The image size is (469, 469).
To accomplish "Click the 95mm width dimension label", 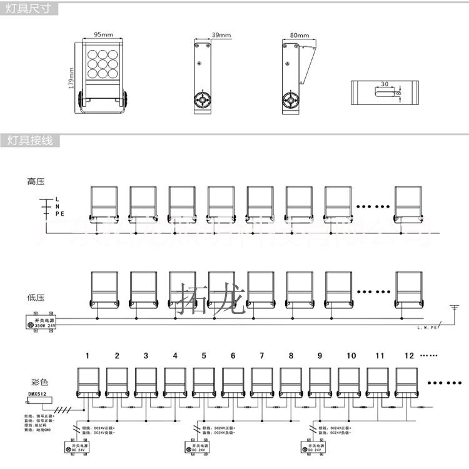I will click(x=104, y=34).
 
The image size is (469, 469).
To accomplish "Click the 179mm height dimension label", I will click(x=72, y=78).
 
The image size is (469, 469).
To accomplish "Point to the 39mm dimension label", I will click(x=204, y=35).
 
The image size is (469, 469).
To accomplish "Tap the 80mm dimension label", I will click(x=300, y=35).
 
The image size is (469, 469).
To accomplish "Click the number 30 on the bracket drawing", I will click(x=385, y=83).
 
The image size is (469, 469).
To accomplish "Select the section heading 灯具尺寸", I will click(x=29, y=9).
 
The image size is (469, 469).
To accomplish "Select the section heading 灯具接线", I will click(x=29, y=140).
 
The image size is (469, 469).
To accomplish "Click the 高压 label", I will click(x=35, y=182).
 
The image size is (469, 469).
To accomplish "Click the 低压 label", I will click(x=35, y=298).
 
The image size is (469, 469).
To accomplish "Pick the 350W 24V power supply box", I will click(x=39, y=323).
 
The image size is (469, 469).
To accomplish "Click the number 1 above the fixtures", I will click(x=88, y=356).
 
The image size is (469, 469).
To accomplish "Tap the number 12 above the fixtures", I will click(x=409, y=356).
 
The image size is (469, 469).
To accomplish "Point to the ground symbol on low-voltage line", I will click(x=453, y=308).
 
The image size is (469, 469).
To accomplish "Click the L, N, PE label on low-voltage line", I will click(x=428, y=327).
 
